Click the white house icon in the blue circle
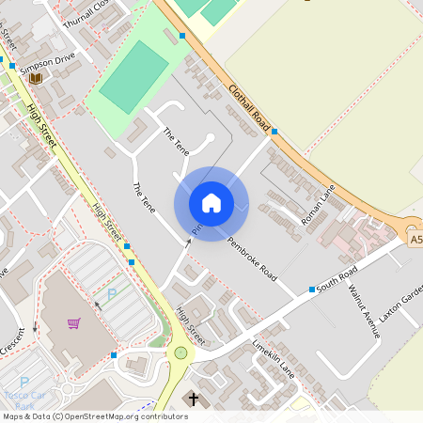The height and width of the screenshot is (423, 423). [211, 202]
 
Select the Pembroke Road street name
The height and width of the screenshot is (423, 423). [253, 257]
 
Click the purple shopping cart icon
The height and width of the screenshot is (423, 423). [73, 323]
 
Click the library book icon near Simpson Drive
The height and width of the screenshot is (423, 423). [36, 78]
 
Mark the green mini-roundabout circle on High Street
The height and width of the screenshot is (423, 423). [180, 353]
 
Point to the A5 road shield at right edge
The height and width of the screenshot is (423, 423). [415, 241]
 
